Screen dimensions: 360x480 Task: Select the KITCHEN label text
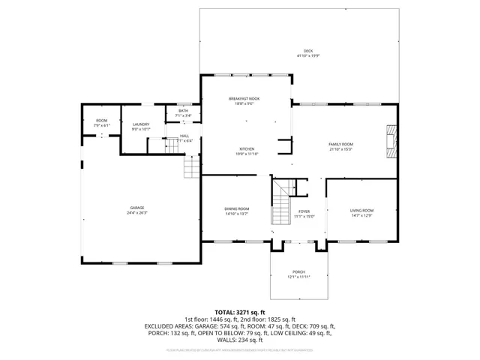coord(247,148)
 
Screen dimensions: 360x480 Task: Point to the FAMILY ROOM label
coord(340,143)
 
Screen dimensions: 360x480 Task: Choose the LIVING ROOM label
coord(361,210)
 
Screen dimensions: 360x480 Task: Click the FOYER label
coord(304,211)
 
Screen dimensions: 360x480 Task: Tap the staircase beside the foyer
coord(280,202)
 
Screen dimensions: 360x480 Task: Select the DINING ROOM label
coord(236,208)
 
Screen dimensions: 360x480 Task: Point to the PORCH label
coord(298,271)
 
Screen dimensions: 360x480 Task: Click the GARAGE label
coord(136,208)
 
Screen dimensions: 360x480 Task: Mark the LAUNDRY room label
coord(141,124)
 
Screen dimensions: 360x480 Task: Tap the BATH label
coord(183,111)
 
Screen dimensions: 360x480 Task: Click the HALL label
coord(184,136)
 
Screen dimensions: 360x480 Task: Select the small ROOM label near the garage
coord(101,121)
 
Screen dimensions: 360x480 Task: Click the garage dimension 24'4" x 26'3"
coord(136,213)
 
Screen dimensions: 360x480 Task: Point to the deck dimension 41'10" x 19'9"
coord(307,55)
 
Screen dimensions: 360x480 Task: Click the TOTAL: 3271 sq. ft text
coord(240,311)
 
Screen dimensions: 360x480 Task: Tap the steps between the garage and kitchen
coord(193,166)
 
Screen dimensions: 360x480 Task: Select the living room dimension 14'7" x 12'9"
coord(361,215)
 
